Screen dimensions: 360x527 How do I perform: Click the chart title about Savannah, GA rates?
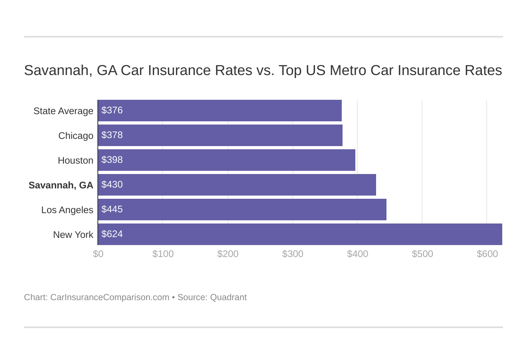[263, 70]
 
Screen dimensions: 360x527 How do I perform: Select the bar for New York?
[299, 234]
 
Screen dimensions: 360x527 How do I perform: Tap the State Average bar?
[220, 111]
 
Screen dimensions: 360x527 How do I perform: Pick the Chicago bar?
[220, 135]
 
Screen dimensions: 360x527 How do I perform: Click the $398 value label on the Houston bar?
[112, 160]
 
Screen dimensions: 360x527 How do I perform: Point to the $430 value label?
[112, 185]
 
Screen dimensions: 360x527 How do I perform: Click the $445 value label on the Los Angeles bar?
[112, 210]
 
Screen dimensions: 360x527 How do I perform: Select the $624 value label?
[112, 234]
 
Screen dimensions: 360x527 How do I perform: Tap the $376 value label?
[112, 111]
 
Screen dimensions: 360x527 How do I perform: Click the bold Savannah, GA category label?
[61, 185]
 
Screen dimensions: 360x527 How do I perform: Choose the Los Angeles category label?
[67, 210]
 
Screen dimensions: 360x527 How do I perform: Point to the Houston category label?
[75, 160]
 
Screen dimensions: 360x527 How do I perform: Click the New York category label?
[73, 235]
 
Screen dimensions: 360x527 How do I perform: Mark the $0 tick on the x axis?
[98, 254]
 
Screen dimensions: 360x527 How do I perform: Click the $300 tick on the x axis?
[293, 254]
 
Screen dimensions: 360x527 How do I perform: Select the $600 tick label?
[487, 254]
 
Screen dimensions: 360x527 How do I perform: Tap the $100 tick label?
[163, 254]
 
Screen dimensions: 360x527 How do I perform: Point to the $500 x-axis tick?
[422, 254]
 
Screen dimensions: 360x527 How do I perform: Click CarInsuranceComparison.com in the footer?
[110, 297]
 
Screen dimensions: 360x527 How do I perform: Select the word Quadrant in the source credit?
[228, 297]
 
